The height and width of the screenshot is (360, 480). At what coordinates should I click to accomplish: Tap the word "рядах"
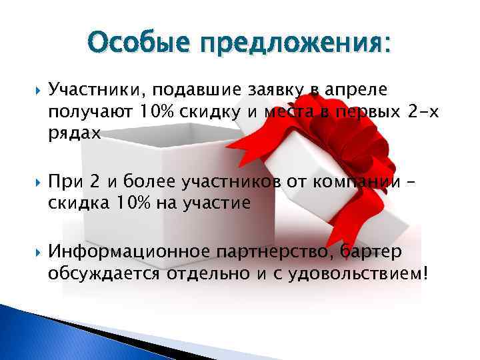point(73,133)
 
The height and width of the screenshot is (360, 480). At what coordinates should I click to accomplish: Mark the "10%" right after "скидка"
point(132,203)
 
